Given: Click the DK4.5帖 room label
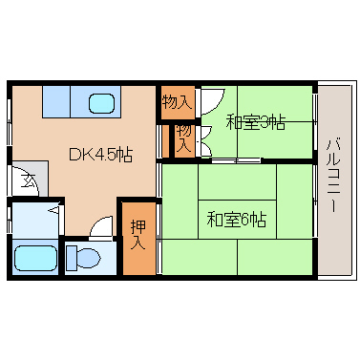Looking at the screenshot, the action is coord(100,155).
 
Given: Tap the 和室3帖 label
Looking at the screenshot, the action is coord(255,122).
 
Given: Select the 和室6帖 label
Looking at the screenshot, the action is coord(237,220).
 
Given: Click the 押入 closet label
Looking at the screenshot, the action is coord(138,235).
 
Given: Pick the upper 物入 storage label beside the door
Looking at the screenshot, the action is coord(177,102).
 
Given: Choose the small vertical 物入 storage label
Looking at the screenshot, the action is coord(184,138).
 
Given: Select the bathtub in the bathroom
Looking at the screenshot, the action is coord(35,258).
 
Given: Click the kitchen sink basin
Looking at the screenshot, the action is coord(102,103).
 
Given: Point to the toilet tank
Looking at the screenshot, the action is coord(71,258).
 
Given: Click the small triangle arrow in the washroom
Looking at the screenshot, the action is coord(54,210).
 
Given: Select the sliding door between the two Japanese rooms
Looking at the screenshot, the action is coord(236,160).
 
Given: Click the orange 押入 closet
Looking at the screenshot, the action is coord(139,239).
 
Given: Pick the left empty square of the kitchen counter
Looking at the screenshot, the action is coord(56,101).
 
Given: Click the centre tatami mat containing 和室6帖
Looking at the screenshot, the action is coord(237,219).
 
